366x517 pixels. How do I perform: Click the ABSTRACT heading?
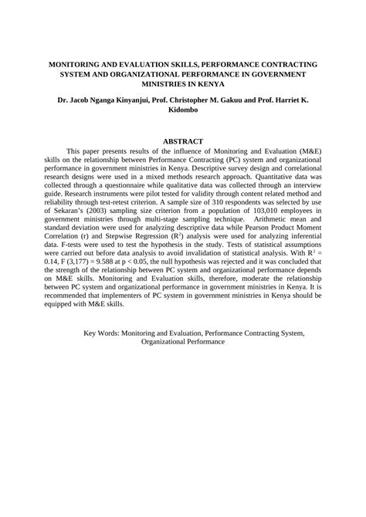[183, 141]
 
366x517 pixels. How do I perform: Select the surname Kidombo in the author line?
[183, 110]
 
